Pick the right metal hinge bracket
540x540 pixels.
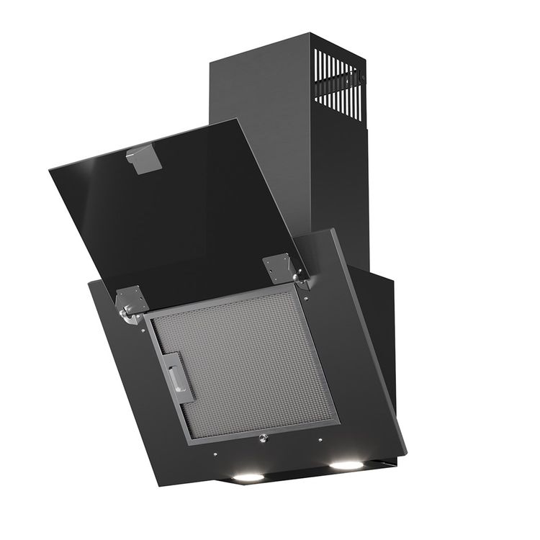pos(279,269)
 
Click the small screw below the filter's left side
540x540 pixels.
pos(215,454)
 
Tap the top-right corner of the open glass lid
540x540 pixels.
pos(238,120)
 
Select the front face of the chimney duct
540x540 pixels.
pos(259,144)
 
